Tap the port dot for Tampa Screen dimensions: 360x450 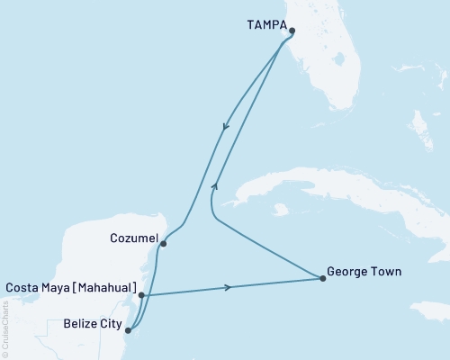[x=292, y=29]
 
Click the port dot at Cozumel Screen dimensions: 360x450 [x=163, y=242]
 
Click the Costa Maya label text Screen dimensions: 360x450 [x=70, y=287]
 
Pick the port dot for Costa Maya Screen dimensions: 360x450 [x=142, y=294]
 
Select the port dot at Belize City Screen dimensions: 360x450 [x=128, y=330]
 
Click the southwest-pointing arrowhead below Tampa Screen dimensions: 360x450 [x=225, y=129]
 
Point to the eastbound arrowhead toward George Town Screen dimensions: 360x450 [x=228, y=288]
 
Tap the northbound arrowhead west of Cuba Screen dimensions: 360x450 [x=214, y=185]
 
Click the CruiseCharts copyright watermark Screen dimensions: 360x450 [x=5, y=328]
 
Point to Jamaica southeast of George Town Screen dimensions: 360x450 [x=430, y=310]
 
